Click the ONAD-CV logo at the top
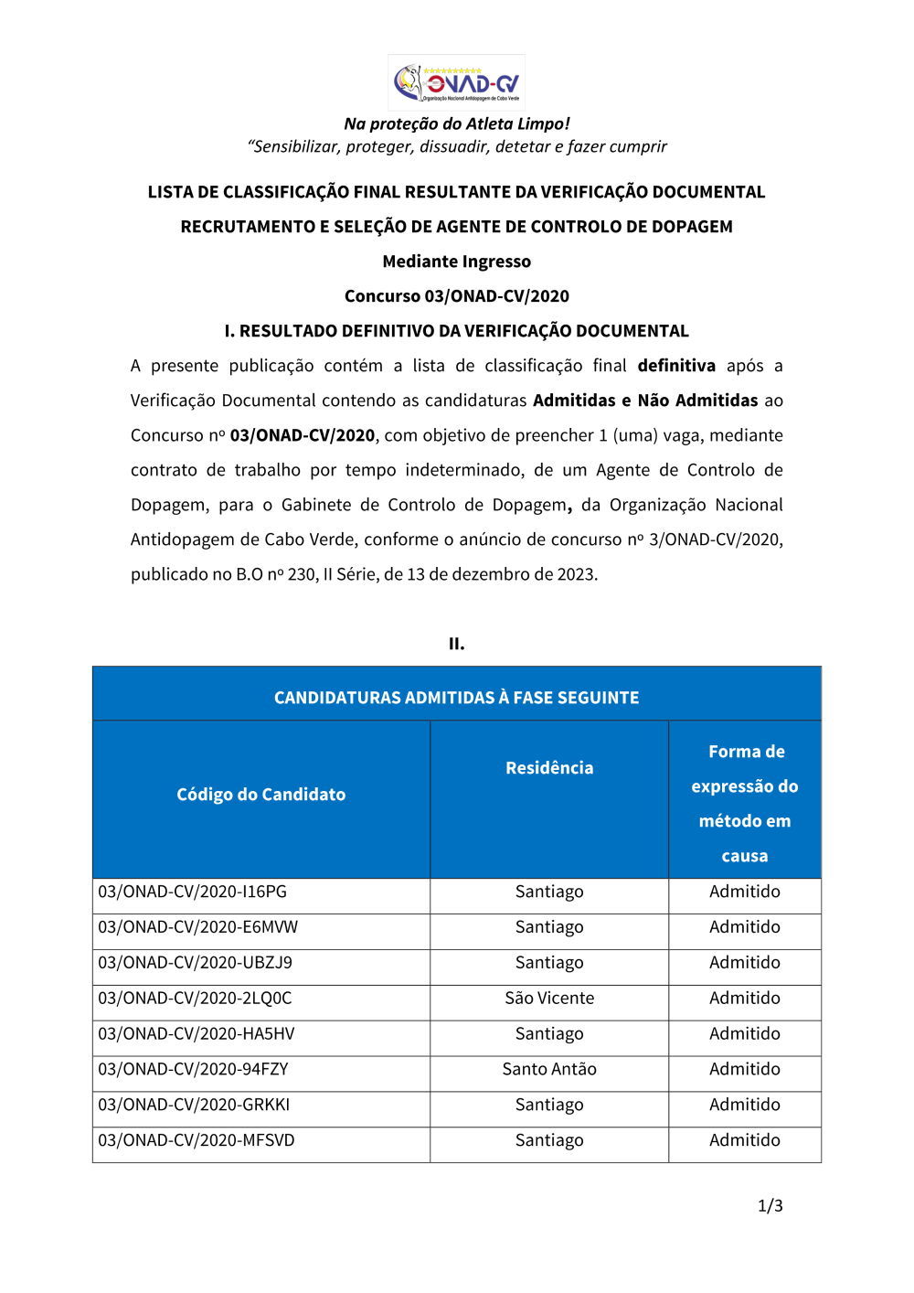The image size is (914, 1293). [456, 82]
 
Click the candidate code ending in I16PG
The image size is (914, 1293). [192, 892]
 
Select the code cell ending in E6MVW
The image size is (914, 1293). [197, 927]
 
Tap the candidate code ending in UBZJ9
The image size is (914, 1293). [195, 963]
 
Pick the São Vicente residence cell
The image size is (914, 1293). [549, 999]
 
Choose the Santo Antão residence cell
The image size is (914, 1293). [549, 1069]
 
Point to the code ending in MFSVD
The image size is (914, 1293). [196, 1140]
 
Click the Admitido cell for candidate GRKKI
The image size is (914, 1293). [745, 1105]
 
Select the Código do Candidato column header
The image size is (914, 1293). [261, 795]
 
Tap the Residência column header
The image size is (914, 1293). [549, 768]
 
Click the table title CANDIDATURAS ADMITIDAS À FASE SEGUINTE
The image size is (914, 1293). [456, 698]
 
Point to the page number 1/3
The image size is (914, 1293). [771, 1206]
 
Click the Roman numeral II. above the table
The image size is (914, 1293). [456, 644]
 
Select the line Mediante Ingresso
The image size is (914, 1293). [456, 262]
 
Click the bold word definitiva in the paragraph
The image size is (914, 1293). [676, 366]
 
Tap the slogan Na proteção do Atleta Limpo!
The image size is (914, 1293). [456, 123]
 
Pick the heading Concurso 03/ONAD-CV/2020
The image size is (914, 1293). [456, 296]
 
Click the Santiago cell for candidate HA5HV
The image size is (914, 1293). [549, 1034]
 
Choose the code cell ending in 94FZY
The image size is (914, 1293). [193, 1069]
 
